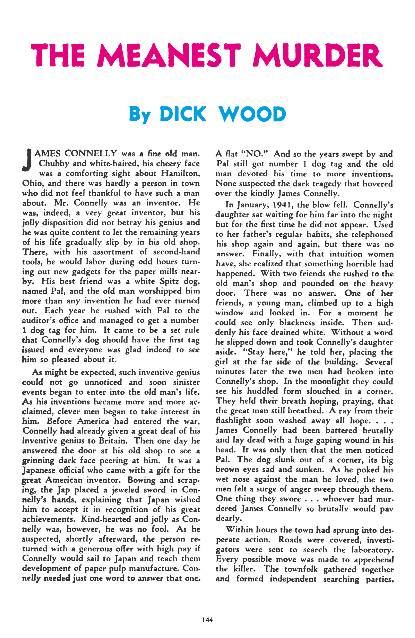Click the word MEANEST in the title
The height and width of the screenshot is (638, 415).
(169, 55)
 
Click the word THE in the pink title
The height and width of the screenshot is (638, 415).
(58, 55)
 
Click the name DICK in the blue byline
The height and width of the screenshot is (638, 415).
(183, 114)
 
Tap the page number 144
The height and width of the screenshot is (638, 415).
(207, 619)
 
